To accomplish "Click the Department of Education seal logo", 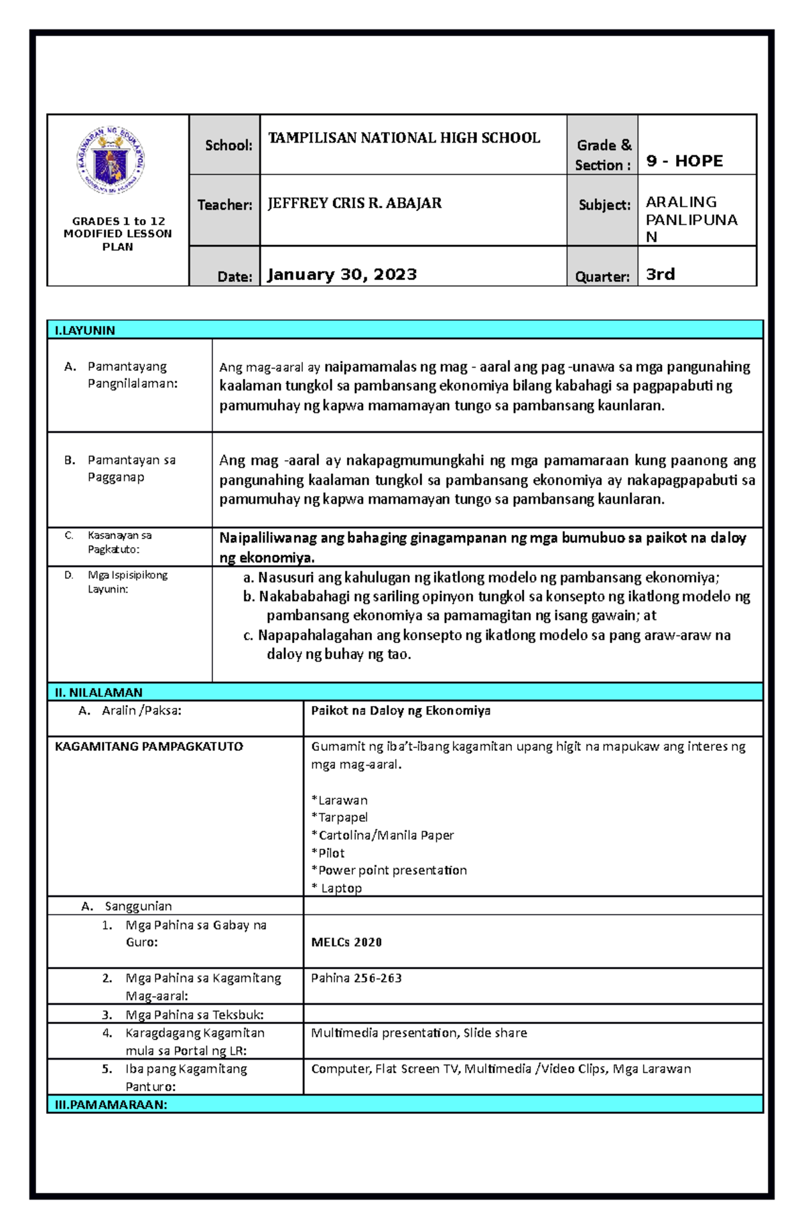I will tap(111, 161).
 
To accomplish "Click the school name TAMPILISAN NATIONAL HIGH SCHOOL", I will tap(404, 138).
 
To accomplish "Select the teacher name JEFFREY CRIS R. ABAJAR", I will tap(354, 203).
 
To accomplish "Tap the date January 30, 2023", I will tap(342, 275).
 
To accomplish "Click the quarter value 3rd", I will tap(660, 275).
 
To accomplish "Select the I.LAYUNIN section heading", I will tap(85, 330).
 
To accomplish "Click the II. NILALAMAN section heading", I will tap(98, 692).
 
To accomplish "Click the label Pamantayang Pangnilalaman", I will tap(132, 375).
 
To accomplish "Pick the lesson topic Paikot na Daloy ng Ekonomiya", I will tap(401, 711).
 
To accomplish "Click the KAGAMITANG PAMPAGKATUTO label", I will tap(149, 746).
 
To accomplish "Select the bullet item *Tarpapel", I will tap(340, 817).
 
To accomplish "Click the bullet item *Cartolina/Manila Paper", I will tap(383, 835).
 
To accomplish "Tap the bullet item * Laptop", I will tap(337, 888).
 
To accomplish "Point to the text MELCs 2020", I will tap(346, 942).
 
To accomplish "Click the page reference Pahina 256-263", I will tap(356, 978).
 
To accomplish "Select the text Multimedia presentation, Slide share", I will tap(419, 1033).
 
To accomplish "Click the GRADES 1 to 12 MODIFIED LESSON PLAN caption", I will tap(118, 234).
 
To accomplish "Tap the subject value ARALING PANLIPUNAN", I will tap(691, 219).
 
